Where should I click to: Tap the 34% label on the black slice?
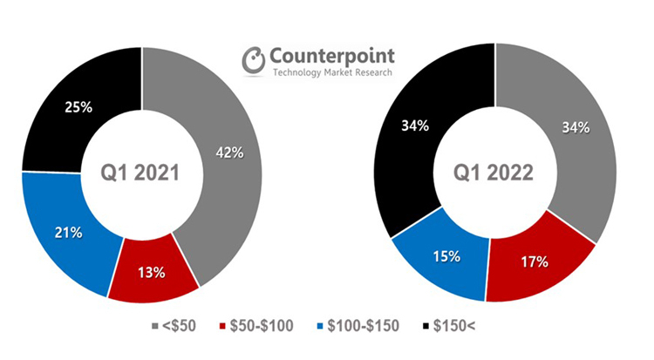pos(415,126)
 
